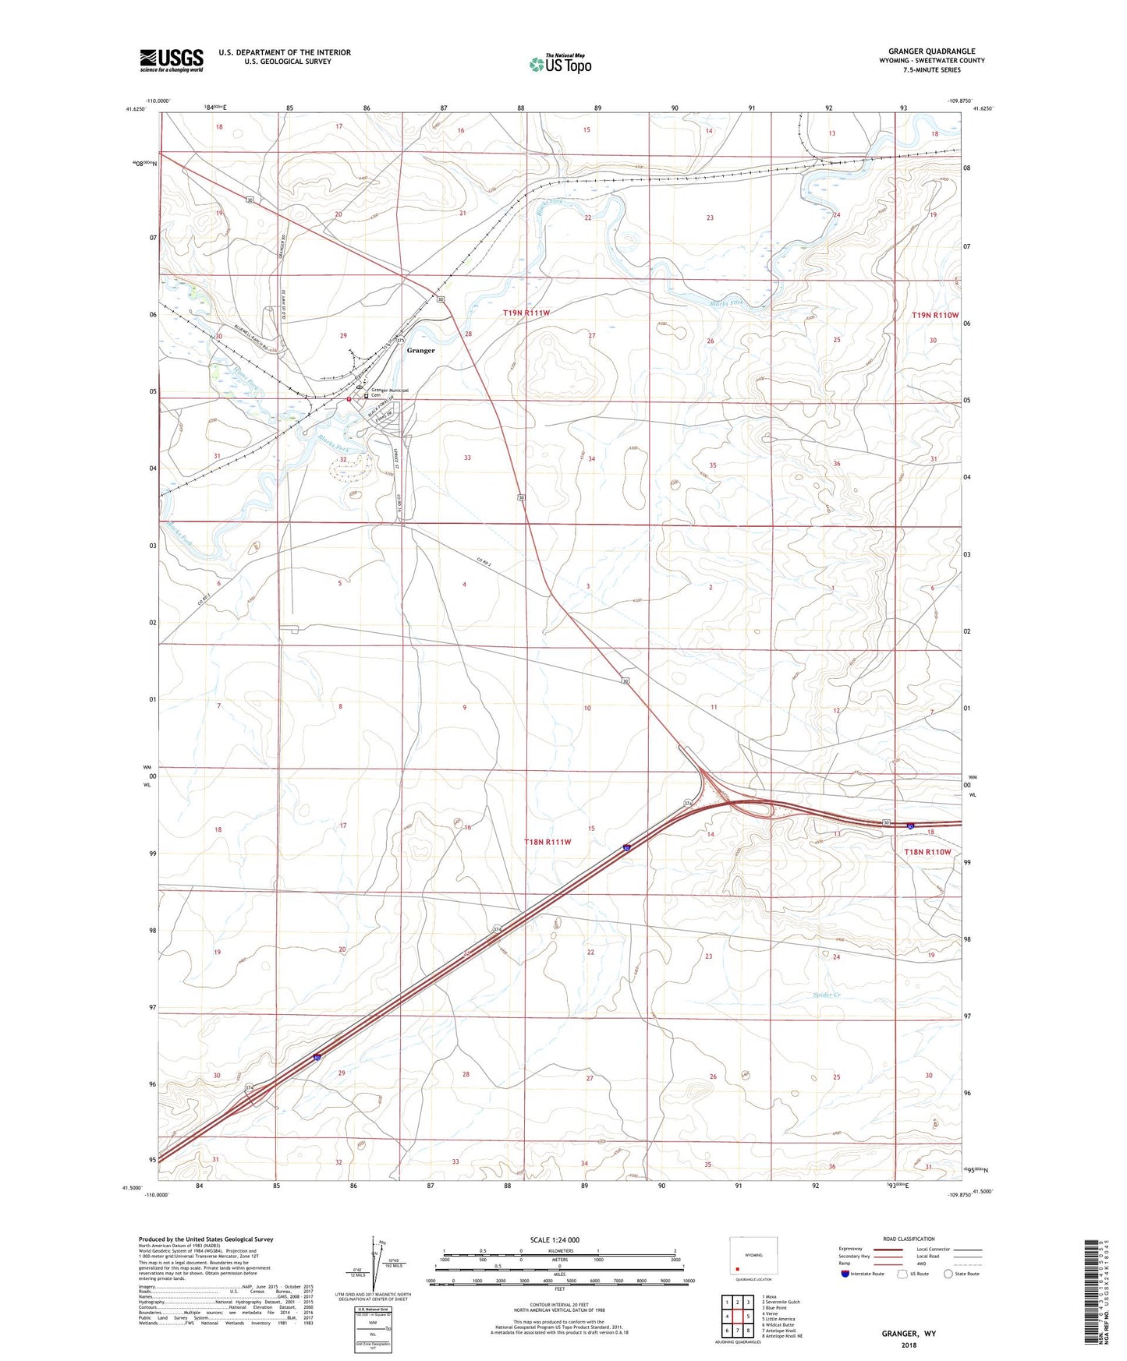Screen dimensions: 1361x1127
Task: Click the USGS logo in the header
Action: (x=172, y=59)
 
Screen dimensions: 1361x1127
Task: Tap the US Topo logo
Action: (x=559, y=64)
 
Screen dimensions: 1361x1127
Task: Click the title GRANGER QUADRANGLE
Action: (x=931, y=51)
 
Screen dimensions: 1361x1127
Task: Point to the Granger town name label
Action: (x=420, y=351)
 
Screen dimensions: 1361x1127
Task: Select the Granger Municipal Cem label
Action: (x=391, y=392)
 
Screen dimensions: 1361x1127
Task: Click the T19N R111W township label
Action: (x=526, y=313)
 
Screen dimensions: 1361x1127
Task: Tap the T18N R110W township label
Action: (x=927, y=852)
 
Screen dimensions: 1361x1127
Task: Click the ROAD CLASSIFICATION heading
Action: (x=909, y=1239)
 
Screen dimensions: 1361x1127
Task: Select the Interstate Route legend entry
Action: (x=863, y=1274)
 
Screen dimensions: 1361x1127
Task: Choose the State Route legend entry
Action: (x=962, y=1274)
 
